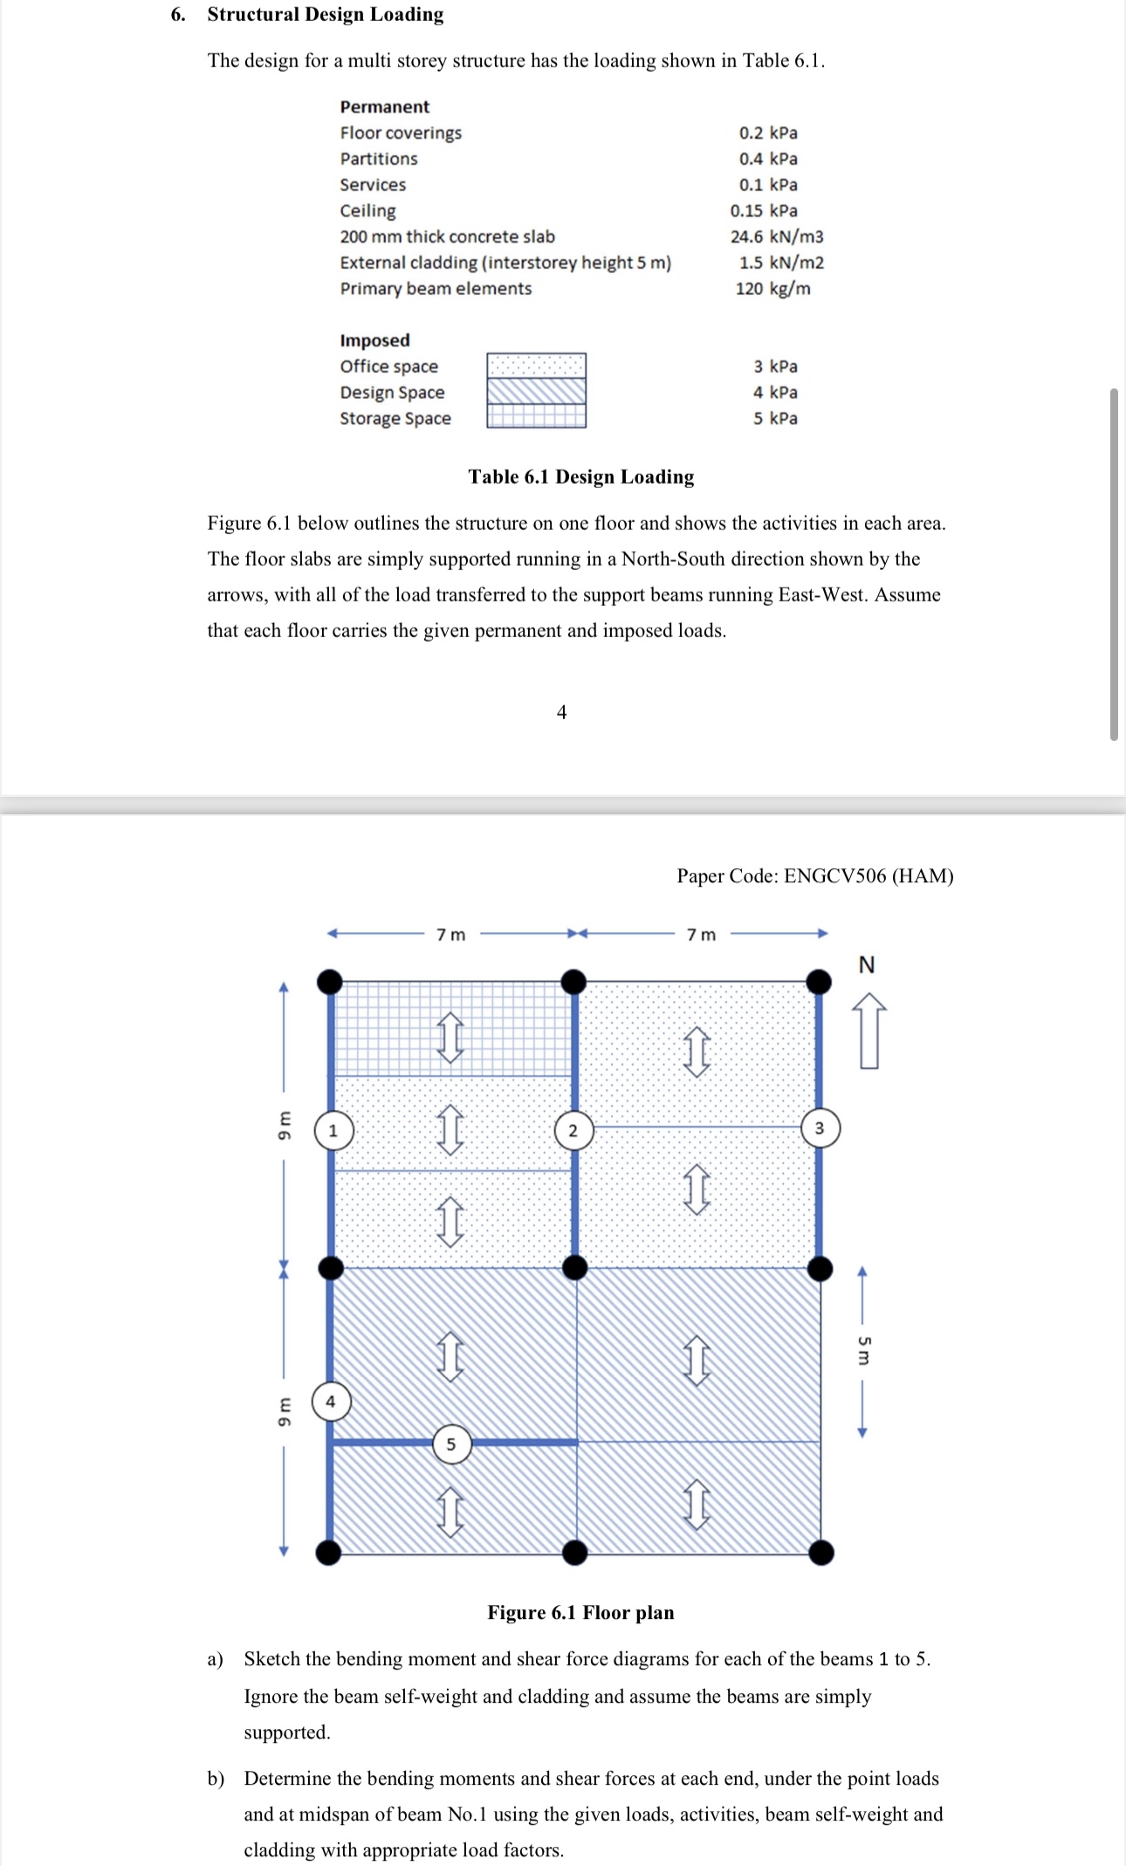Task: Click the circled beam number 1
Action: [x=333, y=1131]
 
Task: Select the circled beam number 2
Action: [x=573, y=1131]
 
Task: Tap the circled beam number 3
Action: [x=820, y=1128]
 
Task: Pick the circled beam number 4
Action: [x=330, y=1402]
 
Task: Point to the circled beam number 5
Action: [x=451, y=1444]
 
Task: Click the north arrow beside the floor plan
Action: [x=869, y=1031]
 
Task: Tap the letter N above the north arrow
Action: [x=867, y=964]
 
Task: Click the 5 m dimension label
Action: [x=863, y=1350]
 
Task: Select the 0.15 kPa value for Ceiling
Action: [x=764, y=210]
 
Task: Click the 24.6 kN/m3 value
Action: [x=777, y=237]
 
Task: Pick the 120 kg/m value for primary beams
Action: [x=772, y=289]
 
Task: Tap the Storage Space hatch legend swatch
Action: [x=536, y=416]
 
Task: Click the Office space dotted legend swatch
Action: [x=536, y=365]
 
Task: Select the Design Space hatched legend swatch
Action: [x=536, y=391]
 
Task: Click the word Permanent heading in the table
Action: [x=384, y=106]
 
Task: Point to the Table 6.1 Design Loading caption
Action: [x=580, y=477]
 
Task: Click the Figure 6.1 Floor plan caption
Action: [x=580, y=1612]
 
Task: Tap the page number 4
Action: [x=561, y=712]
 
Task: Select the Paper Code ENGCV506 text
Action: [x=814, y=875]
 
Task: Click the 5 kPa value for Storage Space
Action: [x=775, y=418]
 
